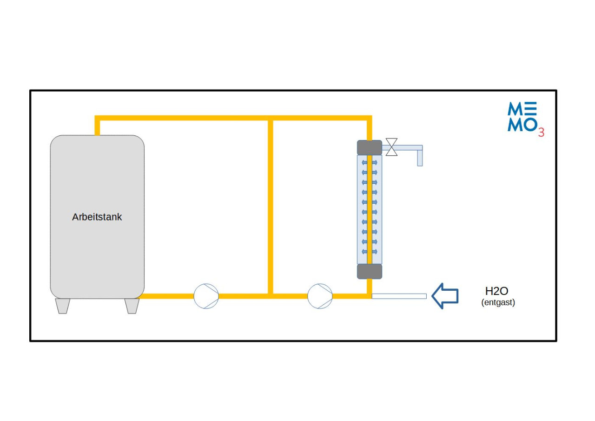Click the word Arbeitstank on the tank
[97, 217]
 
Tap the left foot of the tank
[63, 306]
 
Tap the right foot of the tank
[132, 306]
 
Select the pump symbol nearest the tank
[206, 296]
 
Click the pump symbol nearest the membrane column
[320, 296]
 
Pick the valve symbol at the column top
[392, 147]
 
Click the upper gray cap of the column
[370, 147]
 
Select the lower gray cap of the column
[370, 271]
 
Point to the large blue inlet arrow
[445, 296]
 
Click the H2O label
[496, 291]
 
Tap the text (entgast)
[498, 302]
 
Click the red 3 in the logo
[541, 133]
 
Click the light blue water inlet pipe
[399, 296]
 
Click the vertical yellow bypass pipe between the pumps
[270, 205]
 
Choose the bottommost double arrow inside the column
[370, 251]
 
